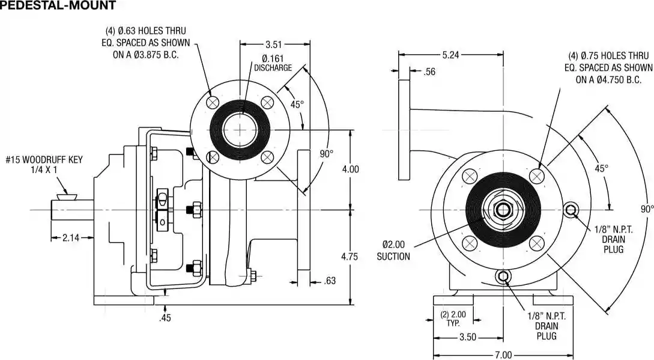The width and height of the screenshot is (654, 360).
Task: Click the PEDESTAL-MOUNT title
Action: click(x=58, y=6)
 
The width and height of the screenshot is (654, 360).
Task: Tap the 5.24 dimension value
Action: click(x=450, y=55)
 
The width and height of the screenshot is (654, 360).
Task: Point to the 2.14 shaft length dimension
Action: click(x=71, y=238)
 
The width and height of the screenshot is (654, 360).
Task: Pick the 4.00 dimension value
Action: click(x=350, y=169)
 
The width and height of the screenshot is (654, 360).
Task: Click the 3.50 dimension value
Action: click(x=468, y=337)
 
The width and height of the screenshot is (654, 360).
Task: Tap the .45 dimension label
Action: click(x=165, y=318)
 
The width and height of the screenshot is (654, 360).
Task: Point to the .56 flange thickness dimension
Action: click(x=429, y=72)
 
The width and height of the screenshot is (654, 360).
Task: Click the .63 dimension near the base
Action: click(x=330, y=281)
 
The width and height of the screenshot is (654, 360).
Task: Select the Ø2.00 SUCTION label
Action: click(x=393, y=251)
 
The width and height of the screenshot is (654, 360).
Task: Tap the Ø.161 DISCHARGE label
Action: click(x=273, y=63)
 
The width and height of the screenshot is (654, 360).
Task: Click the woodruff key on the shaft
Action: click(x=65, y=196)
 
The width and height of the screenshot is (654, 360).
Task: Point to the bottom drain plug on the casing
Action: click(x=503, y=277)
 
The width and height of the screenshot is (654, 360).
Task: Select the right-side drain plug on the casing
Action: click(x=570, y=210)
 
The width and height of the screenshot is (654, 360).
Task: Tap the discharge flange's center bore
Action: click(x=239, y=130)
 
